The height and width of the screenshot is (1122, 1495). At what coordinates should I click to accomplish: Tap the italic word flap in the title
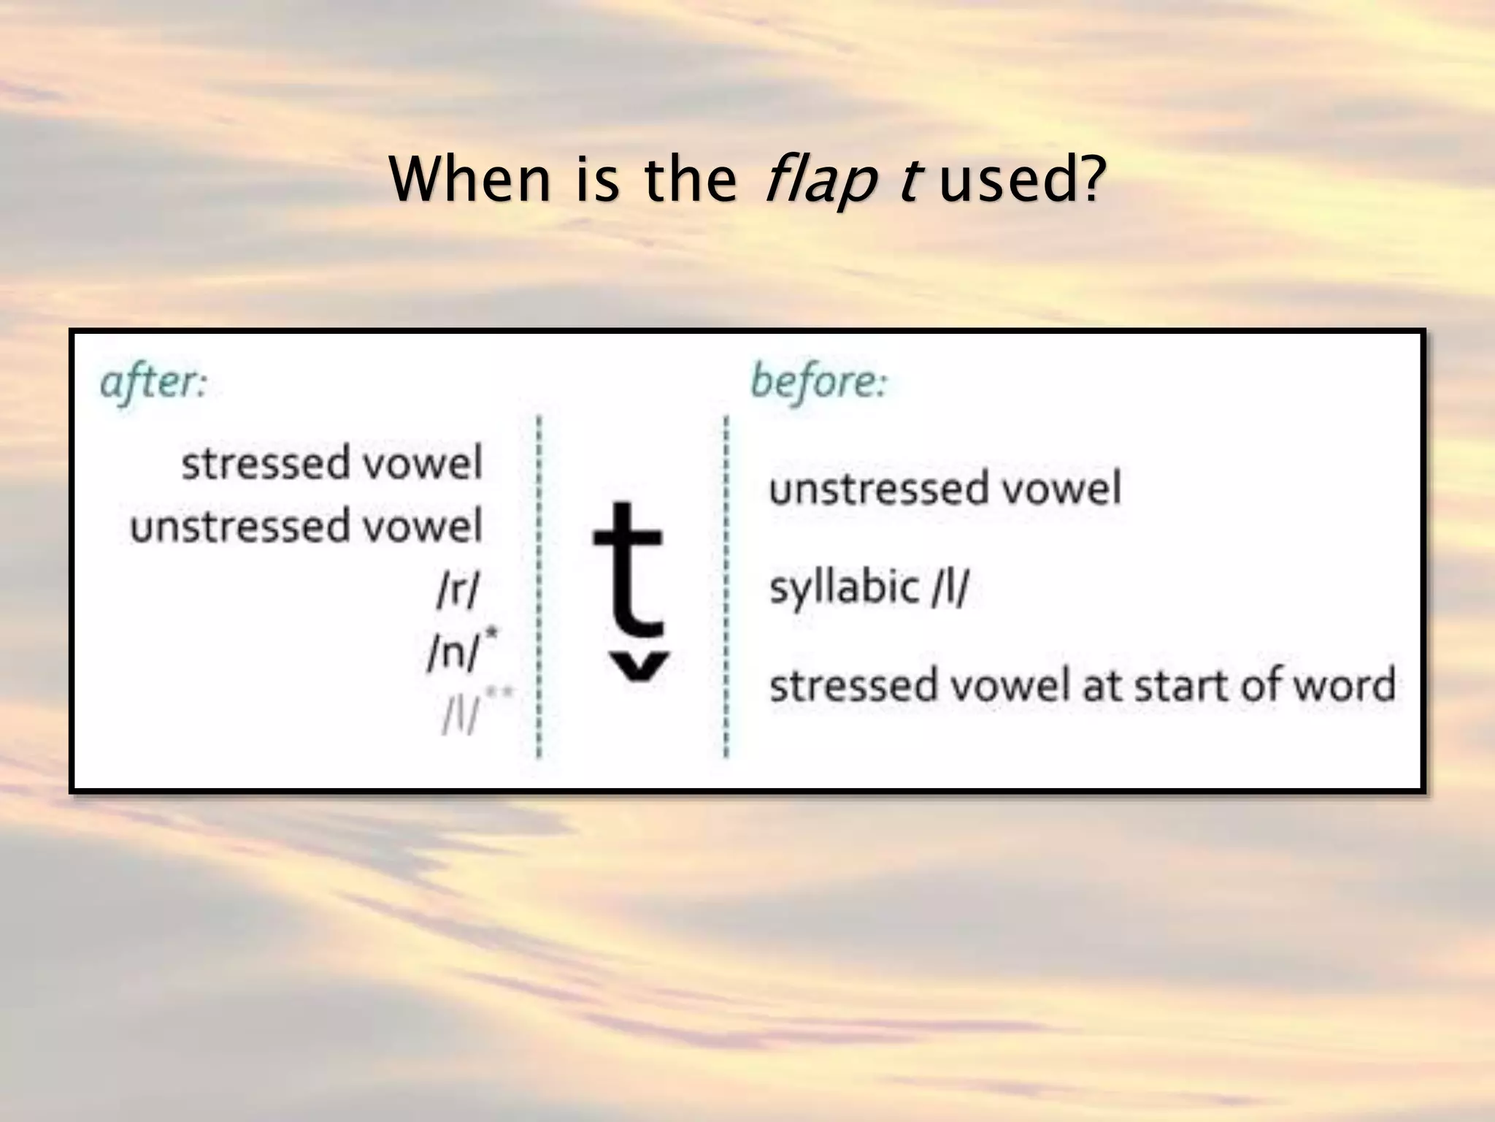[819, 181]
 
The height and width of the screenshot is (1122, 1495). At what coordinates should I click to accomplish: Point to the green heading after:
[154, 383]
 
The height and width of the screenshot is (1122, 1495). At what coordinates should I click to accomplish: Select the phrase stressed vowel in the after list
[332, 463]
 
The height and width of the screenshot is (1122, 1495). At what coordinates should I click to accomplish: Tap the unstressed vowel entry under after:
[306, 526]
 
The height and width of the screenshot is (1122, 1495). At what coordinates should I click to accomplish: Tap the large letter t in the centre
[629, 570]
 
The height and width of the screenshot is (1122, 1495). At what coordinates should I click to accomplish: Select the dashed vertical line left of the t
[539, 584]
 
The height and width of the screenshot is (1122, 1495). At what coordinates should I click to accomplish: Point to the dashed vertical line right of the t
[726, 584]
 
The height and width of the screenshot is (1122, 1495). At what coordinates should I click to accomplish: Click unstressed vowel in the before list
[945, 489]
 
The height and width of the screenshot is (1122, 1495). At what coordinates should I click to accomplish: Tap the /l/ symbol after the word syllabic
[950, 587]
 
